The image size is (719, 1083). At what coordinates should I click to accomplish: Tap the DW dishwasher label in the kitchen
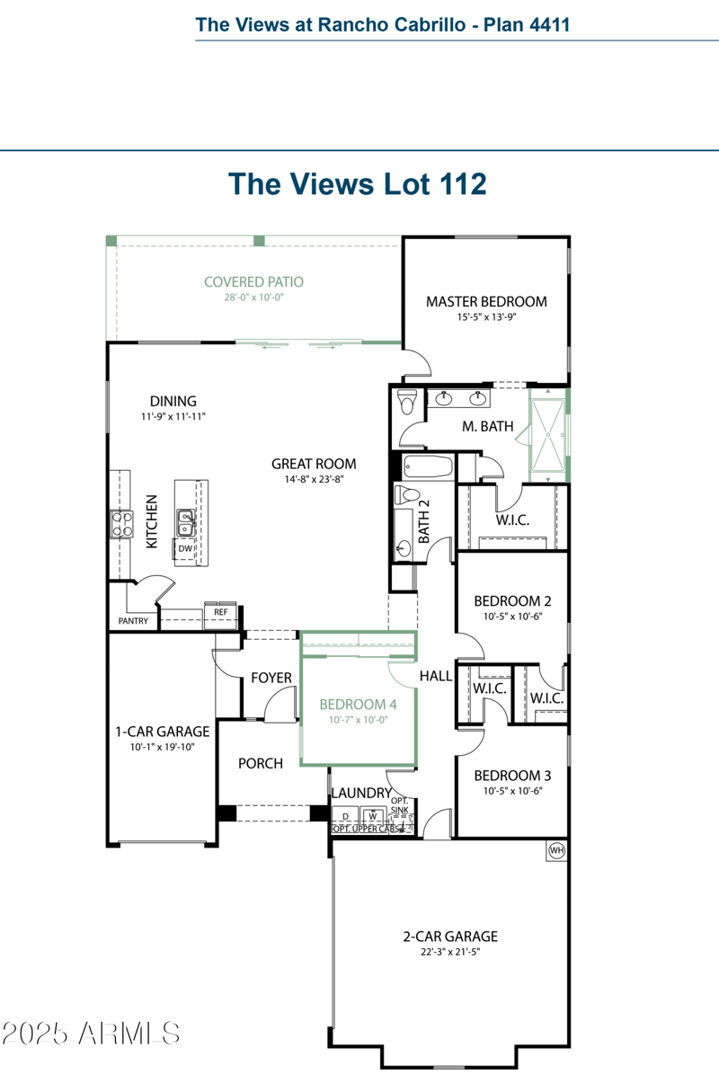(x=185, y=548)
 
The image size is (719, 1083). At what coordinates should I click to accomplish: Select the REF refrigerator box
(x=220, y=613)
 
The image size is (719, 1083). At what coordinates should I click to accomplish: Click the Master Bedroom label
(x=486, y=302)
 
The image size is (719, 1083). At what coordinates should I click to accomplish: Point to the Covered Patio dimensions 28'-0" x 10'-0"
(x=253, y=297)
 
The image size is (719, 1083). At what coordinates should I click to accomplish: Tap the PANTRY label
(x=133, y=621)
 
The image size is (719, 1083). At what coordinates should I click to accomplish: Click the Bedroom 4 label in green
(x=358, y=704)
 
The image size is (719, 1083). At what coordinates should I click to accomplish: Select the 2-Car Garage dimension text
(x=449, y=952)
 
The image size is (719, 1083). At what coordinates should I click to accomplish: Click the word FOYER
(x=271, y=678)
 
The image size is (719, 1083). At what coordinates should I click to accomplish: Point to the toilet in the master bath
(x=408, y=402)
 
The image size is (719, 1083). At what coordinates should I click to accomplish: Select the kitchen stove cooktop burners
(x=121, y=524)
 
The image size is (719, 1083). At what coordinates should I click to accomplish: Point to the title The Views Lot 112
(x=358, y=183)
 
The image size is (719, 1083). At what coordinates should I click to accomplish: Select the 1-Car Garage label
(x=162, y=732)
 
